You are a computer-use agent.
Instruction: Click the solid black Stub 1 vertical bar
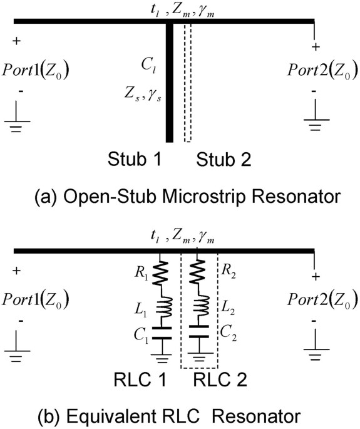click(169, 81)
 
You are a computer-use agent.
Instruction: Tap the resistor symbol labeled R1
click(162, 272)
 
